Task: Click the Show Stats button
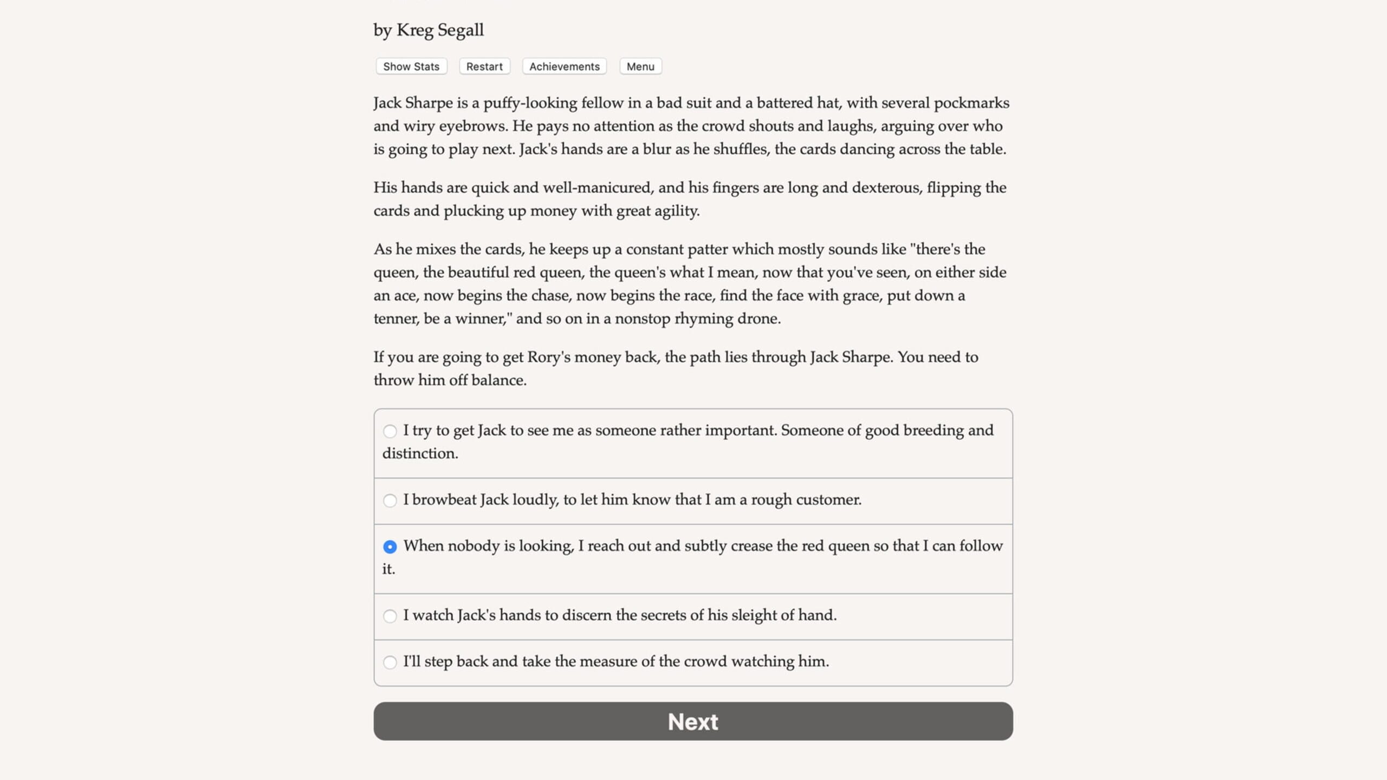click(411, 67)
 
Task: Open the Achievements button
click(564, 67)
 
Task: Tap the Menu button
click(640, 67)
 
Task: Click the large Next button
click(693, 721)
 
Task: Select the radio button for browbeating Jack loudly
click(390, 500)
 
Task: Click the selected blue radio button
click(390, 547)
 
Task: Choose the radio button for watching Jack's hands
click(390, 616)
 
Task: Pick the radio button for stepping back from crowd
click(390, 662)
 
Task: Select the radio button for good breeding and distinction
click(390, 431)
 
